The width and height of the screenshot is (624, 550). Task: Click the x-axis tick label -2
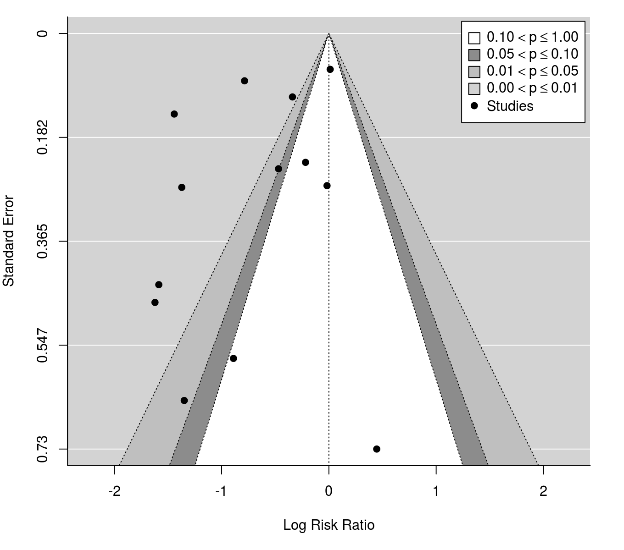[114, 492]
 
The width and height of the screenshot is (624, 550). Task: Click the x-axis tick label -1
[222, 492]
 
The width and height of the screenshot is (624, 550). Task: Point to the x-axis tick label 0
[329, 492]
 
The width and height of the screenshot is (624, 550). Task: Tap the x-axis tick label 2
[543, 492]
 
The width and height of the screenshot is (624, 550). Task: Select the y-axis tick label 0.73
[42, 449]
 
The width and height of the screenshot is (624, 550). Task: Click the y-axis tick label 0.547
[42, 345]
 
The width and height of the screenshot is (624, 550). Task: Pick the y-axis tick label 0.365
[42, 242]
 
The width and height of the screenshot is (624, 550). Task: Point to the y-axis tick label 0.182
[42, 137]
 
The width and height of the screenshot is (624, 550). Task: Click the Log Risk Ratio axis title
[329, 525]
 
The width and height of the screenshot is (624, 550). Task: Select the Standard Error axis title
[9, 241]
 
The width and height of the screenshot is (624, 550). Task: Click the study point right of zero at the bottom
[377, 449]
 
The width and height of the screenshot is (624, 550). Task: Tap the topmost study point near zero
[330, 69]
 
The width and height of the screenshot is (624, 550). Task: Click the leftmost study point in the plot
[155, 302]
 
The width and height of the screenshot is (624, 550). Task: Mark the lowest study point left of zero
[184, 401]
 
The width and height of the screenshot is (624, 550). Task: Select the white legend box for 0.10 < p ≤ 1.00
[474, 38]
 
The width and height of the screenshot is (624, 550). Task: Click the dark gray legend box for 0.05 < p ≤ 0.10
[474, 55]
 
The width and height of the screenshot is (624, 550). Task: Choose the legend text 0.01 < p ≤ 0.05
[532, 71]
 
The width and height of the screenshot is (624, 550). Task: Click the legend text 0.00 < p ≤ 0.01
[532, 88]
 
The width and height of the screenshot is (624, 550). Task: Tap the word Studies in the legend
[510, 106]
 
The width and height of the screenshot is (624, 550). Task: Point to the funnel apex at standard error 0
[329, 34]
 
